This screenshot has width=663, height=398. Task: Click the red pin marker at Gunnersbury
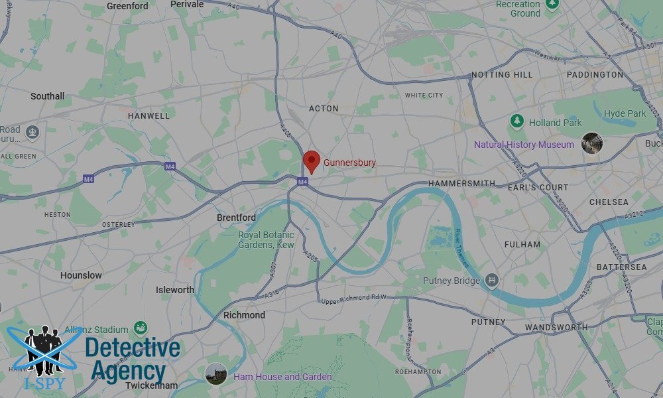tap(312, 161)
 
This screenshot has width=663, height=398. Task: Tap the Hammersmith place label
tap(461, 183)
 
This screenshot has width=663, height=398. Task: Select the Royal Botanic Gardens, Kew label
tap(266, 240)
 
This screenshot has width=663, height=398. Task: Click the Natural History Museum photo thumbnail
tap(591, 143)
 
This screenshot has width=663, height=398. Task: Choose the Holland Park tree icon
tap(516, 122)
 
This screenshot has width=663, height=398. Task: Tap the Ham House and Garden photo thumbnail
tap(216, 373)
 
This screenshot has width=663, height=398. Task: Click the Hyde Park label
tap(625, 113)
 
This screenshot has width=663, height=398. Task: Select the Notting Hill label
tap(501, 75)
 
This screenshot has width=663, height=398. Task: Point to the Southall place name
tap(47, 96)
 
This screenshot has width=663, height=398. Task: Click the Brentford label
tap(236, 218)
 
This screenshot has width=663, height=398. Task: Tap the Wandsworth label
tap(556, 328)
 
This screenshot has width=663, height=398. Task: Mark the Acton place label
tap(324, 108)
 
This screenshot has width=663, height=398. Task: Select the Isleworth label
tap(175, 290)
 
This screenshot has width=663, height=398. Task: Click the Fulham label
tap(522, 244)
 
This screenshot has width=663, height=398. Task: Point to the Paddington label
tap(595, 75)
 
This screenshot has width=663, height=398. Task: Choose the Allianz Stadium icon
tap(141, 328)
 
